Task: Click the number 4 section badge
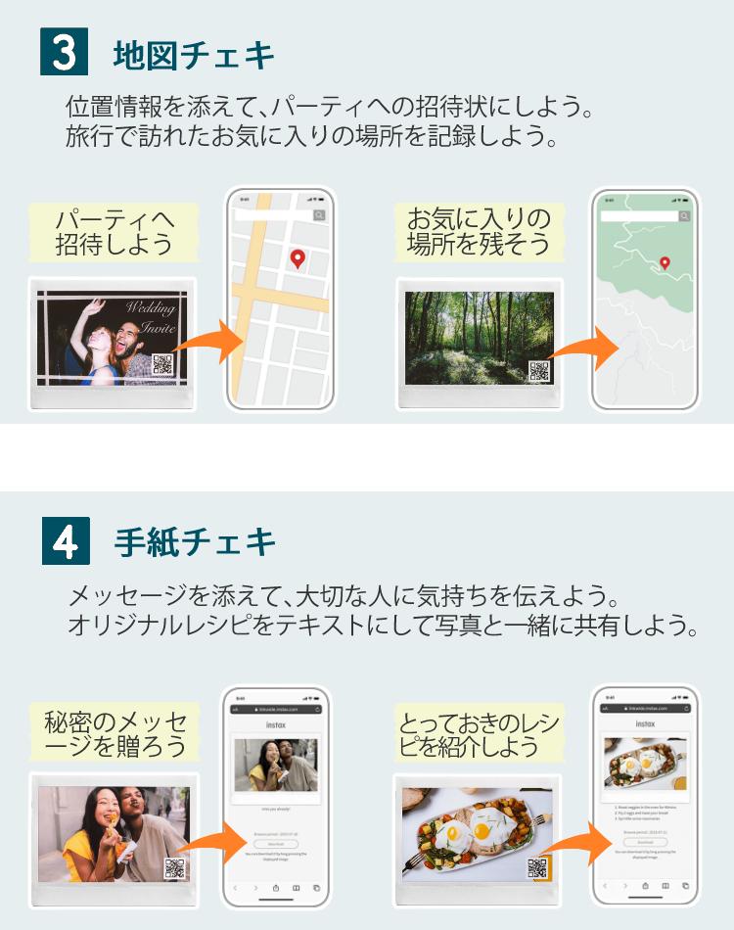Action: (x=66, y=541)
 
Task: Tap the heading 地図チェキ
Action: (x=195, y=54)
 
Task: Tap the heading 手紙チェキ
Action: (x=195, y=542)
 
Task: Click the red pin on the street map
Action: (x=298, y=259)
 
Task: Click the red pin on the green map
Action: (x=665, y=262)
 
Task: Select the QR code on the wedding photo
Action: (x=162, y=365)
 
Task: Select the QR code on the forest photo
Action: (x=538, y=371)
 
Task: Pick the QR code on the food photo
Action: (x=536, y=867)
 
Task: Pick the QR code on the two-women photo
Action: (x=174, y=867)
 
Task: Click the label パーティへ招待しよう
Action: (x=115, y=232)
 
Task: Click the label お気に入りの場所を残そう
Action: (x=479, y=232)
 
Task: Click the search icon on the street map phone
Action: (x=319, y=215)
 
